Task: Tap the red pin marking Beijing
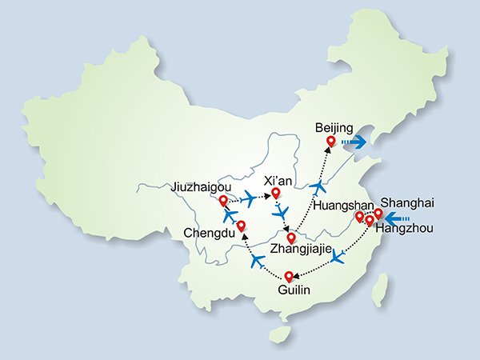point(330,142)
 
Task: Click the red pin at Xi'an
point(276,193)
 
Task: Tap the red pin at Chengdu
point(241,226)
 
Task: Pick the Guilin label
point(294,289)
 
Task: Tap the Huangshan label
point(342,206)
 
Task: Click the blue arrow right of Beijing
point(353,142)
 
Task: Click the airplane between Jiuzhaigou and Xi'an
point(249,198)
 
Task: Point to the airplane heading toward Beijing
point(319,186)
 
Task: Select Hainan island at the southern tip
point(278,335)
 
